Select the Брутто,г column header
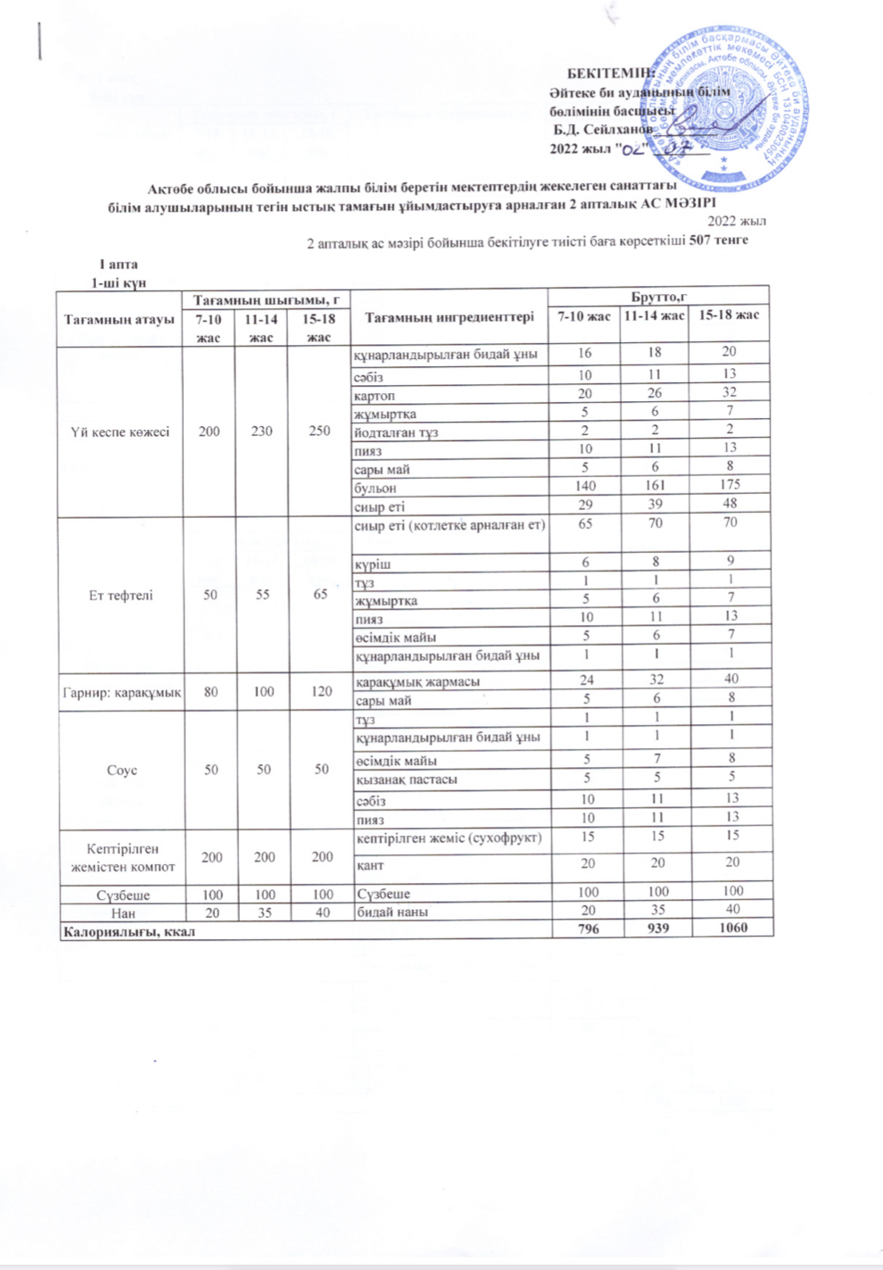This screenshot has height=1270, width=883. (x=658, y=297)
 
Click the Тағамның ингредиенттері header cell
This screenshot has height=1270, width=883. (x=449, y=317)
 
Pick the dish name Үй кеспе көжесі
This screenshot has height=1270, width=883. (x=120, y=432)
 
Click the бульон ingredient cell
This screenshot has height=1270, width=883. (x=375, y=488)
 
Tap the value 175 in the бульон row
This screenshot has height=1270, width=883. (x=729, y=484)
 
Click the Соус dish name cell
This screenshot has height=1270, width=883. (x=122, y=770)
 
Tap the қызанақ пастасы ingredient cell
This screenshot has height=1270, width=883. (x=406, y=779)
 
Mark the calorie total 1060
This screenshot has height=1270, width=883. (x=732, y=928)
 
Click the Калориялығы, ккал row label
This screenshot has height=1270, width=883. (x=129, y=930)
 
